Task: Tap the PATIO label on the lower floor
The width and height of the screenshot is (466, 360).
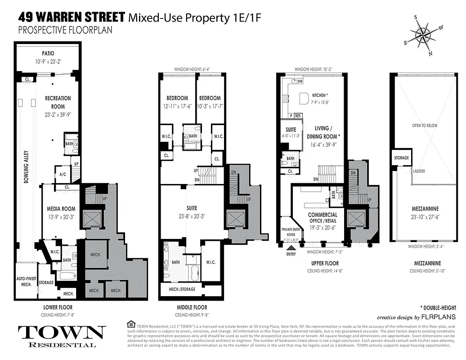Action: tap(48, 53)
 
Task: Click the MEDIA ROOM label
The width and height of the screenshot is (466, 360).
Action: tap(61, 209)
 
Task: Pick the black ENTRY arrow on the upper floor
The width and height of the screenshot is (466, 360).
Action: tap(291, 247)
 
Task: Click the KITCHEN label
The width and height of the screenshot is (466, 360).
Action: tap(320, 95)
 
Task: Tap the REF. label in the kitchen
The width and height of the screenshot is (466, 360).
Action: tap(298, 116)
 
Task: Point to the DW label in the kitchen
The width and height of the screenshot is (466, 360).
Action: tap(300, 81)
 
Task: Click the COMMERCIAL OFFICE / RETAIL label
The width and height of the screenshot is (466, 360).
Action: tap(323, 218)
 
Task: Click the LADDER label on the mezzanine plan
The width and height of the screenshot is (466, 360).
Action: tap(418, 171)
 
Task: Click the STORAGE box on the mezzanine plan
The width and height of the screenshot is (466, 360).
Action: tap(401, 158)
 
